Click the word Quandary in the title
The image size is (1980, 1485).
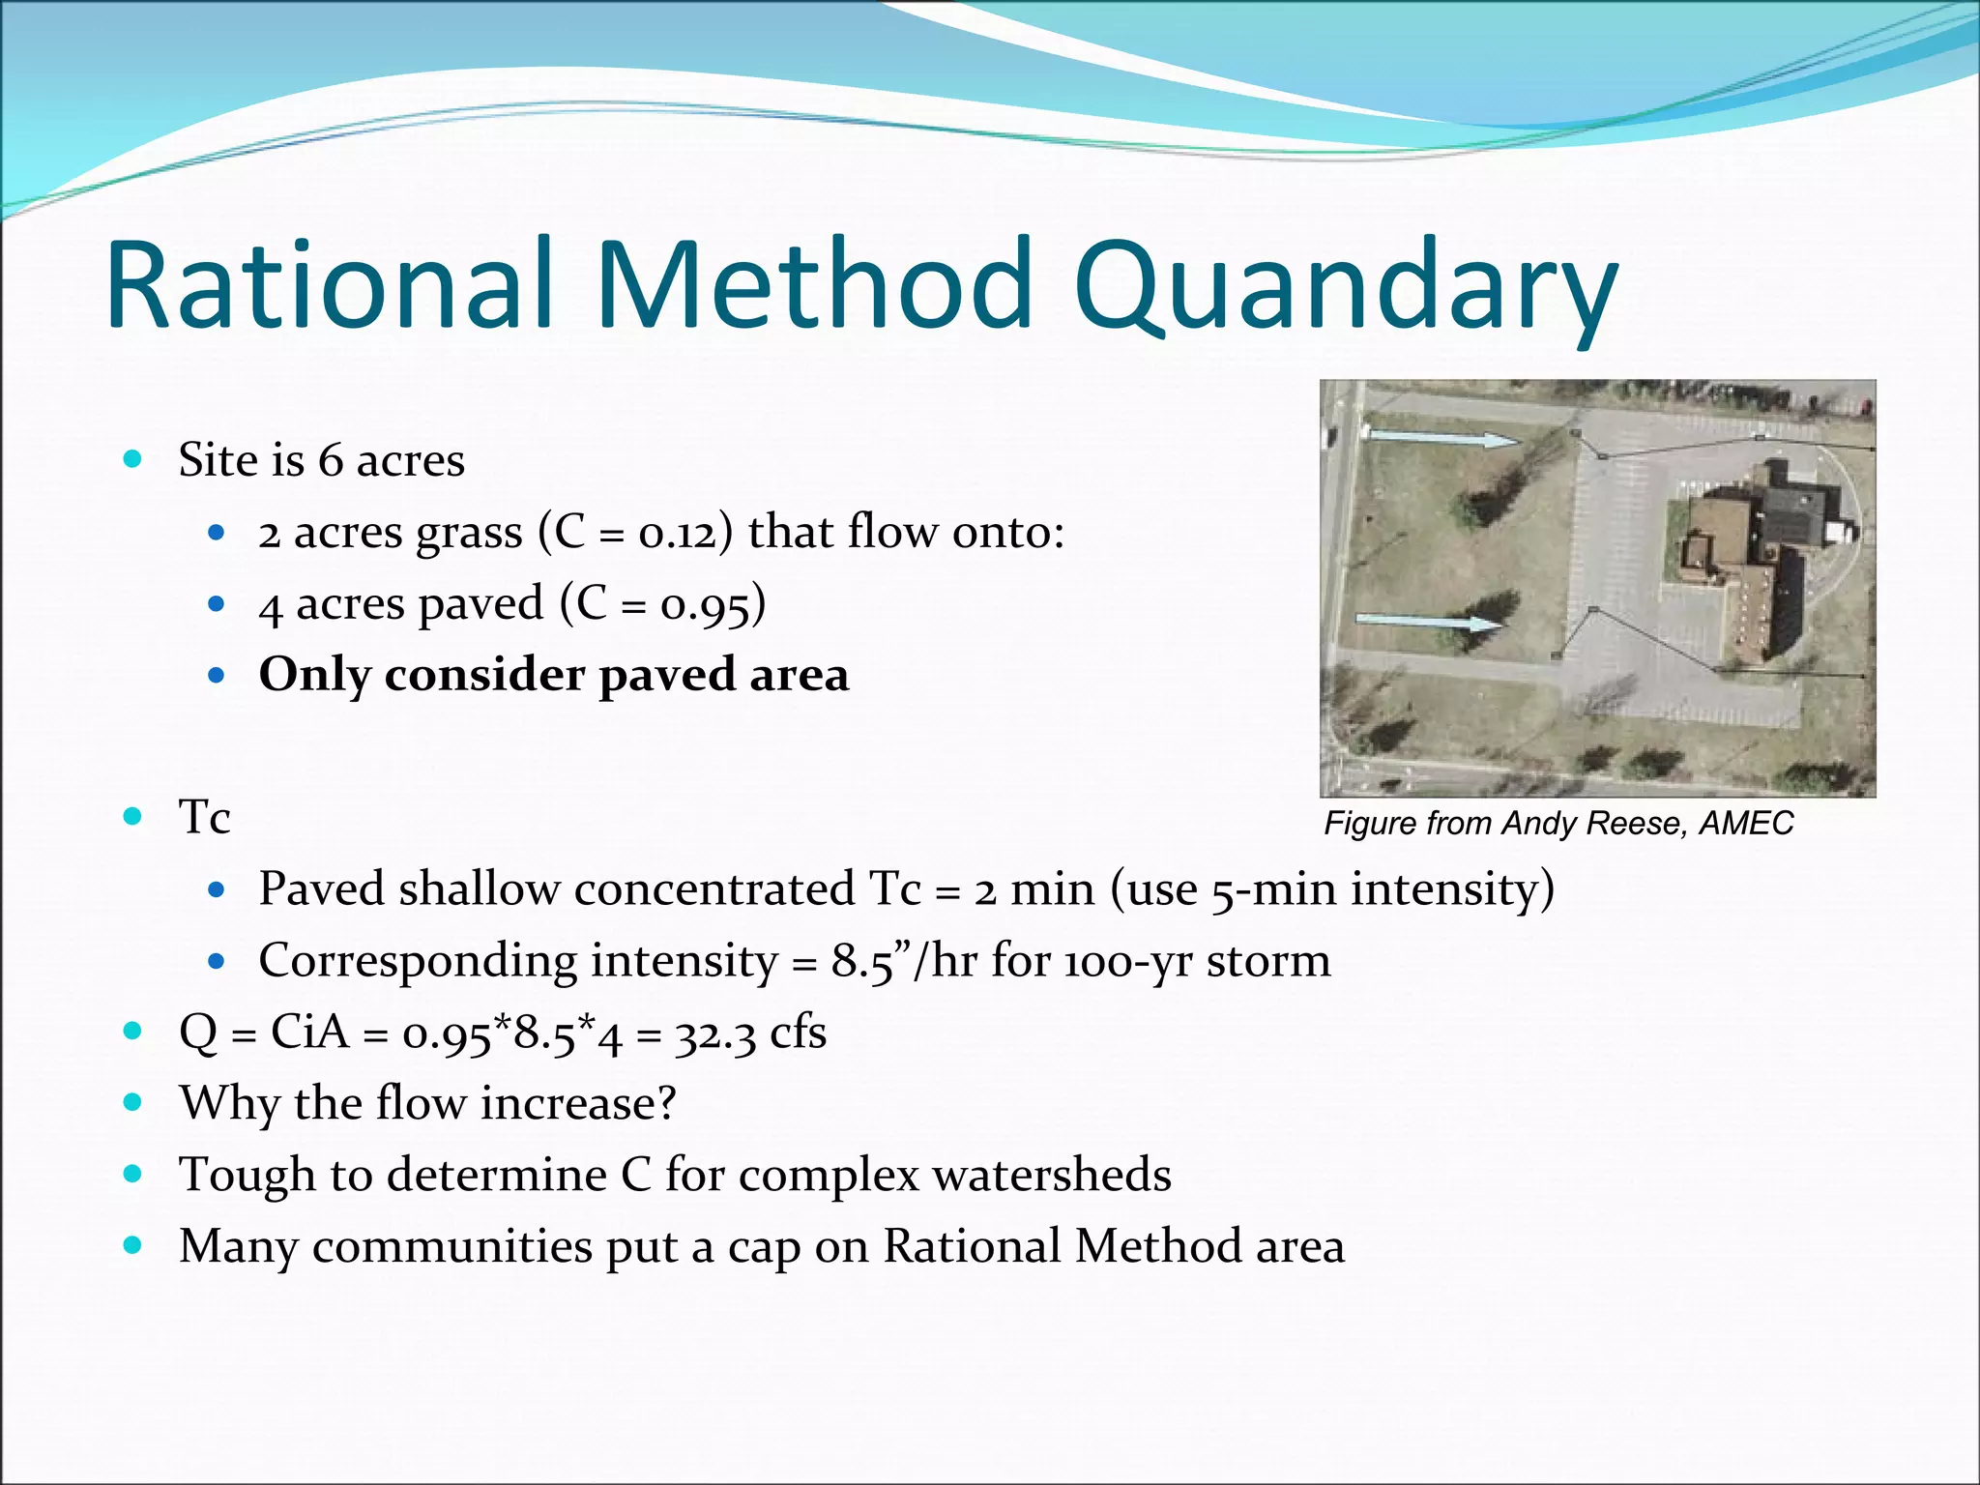pos(1344,285)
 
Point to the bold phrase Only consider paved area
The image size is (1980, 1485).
pos(554,675)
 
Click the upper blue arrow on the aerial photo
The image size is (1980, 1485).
pos(1441,439)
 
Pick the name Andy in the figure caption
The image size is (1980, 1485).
pos(1536,824)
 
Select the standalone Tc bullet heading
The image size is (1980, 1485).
pos(204,818)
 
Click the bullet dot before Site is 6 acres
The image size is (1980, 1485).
pos(133,458)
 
